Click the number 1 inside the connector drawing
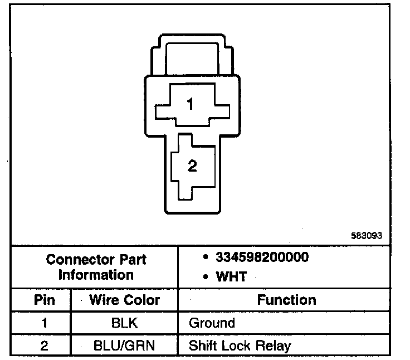pyautogui.click(x=191, y=104)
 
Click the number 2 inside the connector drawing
pyautogui.click(x=192, y=166)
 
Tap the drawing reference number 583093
pyautogui.click(x=367, y=236)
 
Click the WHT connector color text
pyautogui.click(x=231, y=276)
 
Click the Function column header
pyautogui.click(x=286, y=300)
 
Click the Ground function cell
pyautogui.click(x=212, y=323)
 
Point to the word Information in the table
pyautogui.click(x=96, y=275)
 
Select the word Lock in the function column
pyautogui.click(x=237, y=346)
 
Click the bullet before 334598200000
pyautogui.click(x=206, y=258)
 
